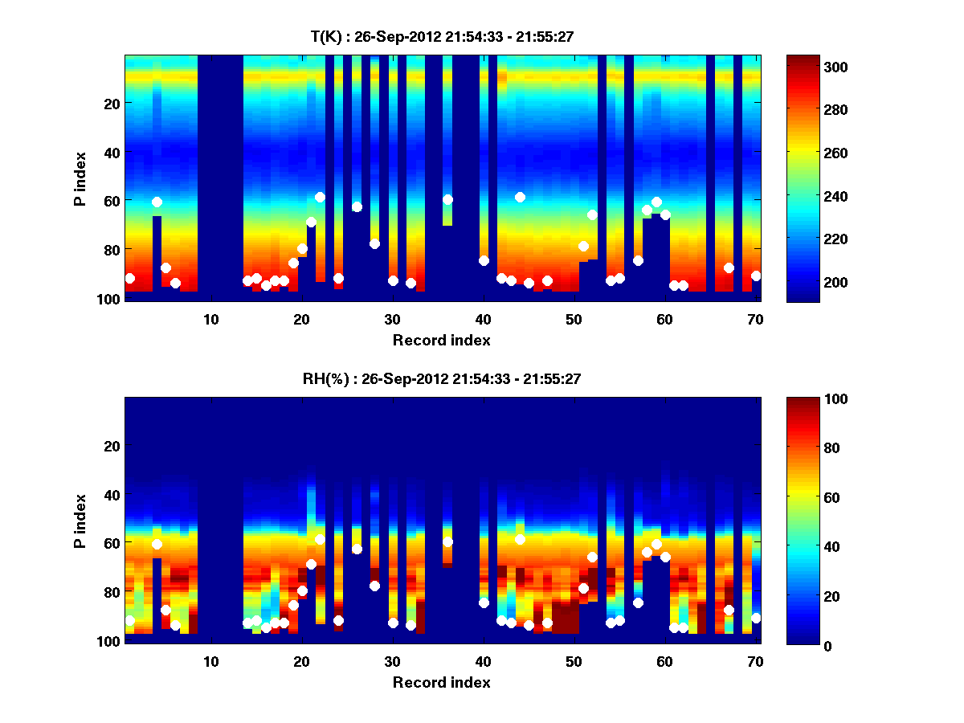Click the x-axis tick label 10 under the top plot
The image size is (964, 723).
coord(211,320)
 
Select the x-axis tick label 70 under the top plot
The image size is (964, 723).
coord(755,320)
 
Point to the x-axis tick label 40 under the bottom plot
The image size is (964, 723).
coord(484,662)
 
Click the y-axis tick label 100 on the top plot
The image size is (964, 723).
coord(110,299)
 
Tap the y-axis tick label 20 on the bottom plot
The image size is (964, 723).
coord(113,445)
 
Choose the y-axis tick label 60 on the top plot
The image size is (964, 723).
coord(113,200)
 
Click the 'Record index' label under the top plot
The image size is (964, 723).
coord(441,340)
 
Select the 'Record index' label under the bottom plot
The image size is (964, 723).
coord(441,682)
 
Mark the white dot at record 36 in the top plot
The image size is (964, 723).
coord(447,199)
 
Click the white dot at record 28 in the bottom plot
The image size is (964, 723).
coord(374,586)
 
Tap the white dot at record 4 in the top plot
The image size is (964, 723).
coord(157,202)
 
